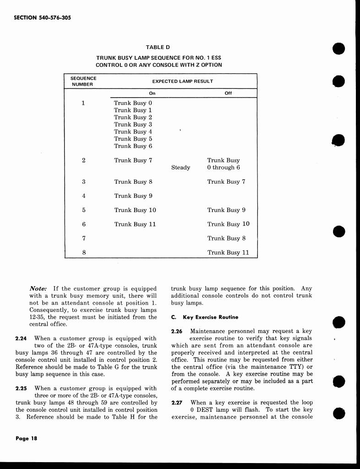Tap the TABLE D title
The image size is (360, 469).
(x=158, y=47)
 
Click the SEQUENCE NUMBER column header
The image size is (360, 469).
(x=83, y=81)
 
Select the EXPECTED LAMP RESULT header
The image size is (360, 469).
(x=182, y=81)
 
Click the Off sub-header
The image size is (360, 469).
(x=228, y=93)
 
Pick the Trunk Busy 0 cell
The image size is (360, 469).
(x=133, y=103)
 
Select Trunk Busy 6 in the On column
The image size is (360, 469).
(x=133, y=146)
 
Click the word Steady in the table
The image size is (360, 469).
(x=180, y=168)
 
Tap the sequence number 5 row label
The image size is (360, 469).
(x=84, y=210)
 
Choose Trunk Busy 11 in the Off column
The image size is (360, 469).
(x=228, y=252)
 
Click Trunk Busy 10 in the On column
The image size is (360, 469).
(x=135, y=210)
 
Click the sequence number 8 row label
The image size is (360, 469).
(x=84, y=252)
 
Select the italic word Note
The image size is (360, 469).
(x=38, y=289)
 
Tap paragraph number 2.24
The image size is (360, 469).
(x=20, y=338)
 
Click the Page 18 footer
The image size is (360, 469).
(x=26, y=438)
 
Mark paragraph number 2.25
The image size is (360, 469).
(x=20, y=388)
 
